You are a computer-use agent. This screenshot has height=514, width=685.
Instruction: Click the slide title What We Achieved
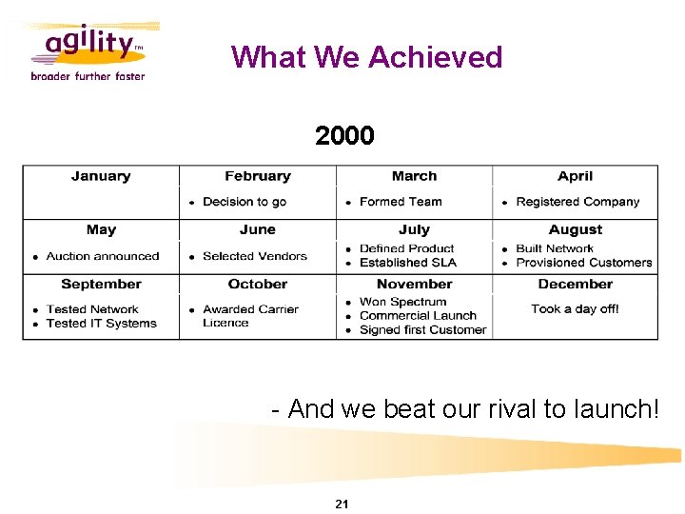pyautogui.click(x=366, y=57)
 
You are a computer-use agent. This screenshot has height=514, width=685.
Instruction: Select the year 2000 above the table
pyautogui.click(x=344, y=136)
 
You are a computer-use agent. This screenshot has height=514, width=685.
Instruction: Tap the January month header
pyautogui.click(x=101, y=176)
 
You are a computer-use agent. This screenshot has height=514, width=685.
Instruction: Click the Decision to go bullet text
pyautogui.click(x=245, y=202)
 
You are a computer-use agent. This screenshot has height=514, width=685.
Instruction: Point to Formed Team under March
pyautogui.click(x=401, y=202)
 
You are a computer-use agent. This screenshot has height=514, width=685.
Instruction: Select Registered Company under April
pyautogui.click(x=577, y=202)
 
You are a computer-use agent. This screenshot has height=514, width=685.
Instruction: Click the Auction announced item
pyautogui.click(x=102, y=256)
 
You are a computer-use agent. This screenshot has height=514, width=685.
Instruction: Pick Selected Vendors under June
pyautogui.click(x=255, y=256)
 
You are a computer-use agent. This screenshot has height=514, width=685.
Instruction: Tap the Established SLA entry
pyautogui.click(x=408, y=263)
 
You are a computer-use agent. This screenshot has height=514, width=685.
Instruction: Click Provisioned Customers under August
pyautogui.click(x=583, y=263)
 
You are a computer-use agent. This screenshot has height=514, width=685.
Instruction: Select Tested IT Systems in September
pyautogui.click(x=101, y=323)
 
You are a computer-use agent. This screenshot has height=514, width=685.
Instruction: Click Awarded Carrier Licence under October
pyautogui.click(x=250, y=316)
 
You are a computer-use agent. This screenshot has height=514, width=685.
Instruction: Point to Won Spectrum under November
pyautogui.click(x=402, y=302)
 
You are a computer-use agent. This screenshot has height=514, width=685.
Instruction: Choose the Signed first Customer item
pyautogui.click(x=422, y=329)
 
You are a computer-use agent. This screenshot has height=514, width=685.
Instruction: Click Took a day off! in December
pyautogui.click(x=575, y=309)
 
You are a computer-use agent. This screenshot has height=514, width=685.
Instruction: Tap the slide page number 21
pyautogui.click(x=342, y=504)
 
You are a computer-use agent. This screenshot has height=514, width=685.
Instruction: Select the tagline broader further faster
pyautogui.click(x=88, y=76)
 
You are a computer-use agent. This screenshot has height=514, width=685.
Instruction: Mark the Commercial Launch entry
pyautogui.click(x=418, y=315)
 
